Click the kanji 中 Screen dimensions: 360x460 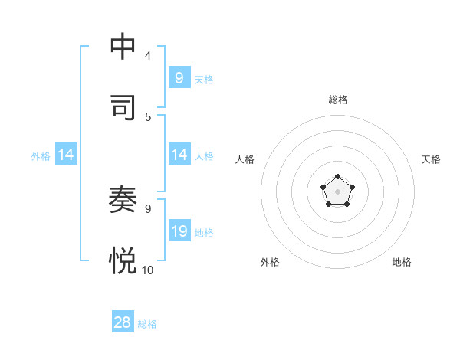123,47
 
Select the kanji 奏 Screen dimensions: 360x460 123,200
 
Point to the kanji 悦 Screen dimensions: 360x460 123,261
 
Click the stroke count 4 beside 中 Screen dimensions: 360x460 148,56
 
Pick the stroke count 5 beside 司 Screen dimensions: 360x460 148,117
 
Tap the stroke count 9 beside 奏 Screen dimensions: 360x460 148,208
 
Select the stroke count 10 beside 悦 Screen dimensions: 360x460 148,270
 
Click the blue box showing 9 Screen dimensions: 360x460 179,77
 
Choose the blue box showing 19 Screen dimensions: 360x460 179,231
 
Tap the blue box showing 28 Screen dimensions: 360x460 123,322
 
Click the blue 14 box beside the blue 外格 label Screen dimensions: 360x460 66,155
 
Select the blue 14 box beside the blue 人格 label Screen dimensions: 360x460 179,155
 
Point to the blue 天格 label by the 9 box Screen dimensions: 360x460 204,79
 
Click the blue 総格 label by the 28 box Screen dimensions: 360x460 147,324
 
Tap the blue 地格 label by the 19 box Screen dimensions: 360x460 204,232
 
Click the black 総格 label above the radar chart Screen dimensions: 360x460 337,100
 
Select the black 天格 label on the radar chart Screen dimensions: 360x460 431,159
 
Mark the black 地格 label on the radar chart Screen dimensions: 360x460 402,262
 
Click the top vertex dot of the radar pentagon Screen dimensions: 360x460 337,177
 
